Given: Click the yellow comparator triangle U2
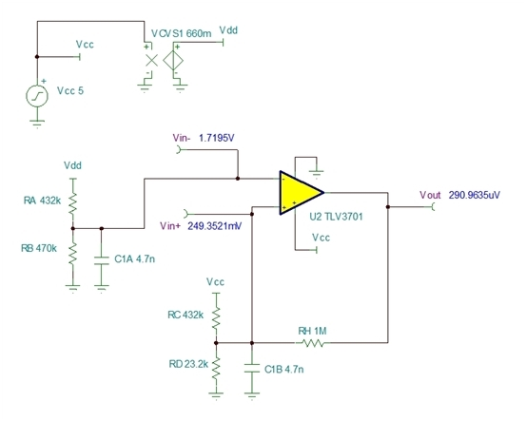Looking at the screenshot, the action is [x=299, y=193].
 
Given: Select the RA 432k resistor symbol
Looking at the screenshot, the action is [x=73, y=203].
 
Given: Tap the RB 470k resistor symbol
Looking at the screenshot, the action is [x=73, y=253].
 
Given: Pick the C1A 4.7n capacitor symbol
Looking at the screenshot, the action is [x=102, y=260].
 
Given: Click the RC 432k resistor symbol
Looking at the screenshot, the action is [x=216, y=317].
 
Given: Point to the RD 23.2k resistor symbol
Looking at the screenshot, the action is [x=216, y=368].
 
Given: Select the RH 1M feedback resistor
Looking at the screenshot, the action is [x=313, y=343].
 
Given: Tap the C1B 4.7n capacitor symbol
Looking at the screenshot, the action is [x=252, y=368].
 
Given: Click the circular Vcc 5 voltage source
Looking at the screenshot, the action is [x=37, y=96].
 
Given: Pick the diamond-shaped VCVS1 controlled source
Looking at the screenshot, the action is [x=173, y=61].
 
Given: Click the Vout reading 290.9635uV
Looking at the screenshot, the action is [x=475, y=195].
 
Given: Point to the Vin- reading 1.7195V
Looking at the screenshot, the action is [x=217, y=138].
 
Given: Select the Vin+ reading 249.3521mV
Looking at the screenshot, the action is [x=215, y=226].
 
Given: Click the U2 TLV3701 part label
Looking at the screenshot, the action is [x=336, y=217].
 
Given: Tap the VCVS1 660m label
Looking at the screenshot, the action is [x=181, y=33].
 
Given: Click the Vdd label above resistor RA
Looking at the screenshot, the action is [x=73, y=165].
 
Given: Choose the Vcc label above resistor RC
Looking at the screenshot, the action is [x=215, y=282].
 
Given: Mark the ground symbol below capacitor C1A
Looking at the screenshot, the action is [x=102, y=288].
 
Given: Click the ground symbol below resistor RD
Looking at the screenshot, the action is [x=216, y=396].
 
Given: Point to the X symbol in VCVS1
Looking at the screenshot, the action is [x=151, y=60].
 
